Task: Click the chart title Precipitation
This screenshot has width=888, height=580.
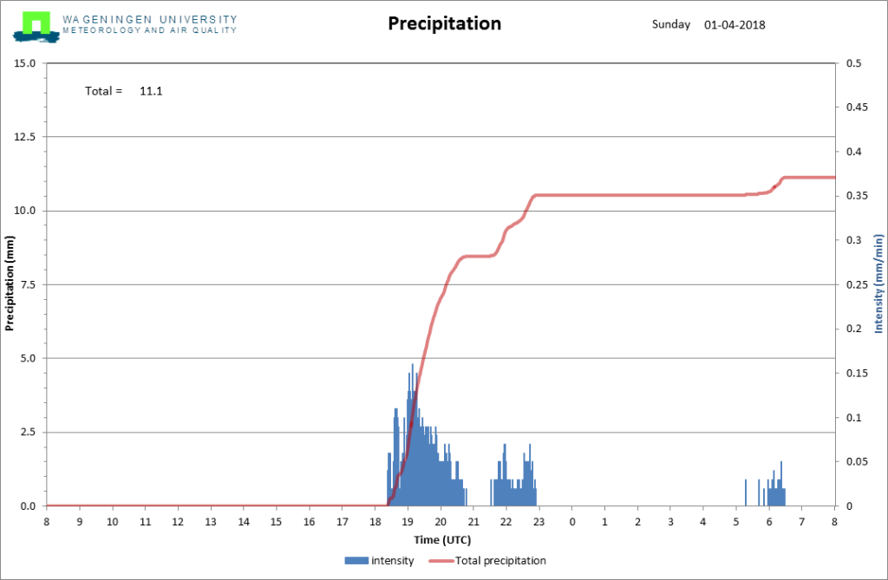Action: (445, 23)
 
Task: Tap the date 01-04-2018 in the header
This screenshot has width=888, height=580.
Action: (735, 25)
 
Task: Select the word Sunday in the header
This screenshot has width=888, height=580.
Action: (671, 24)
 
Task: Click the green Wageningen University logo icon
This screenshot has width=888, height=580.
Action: (36, 27)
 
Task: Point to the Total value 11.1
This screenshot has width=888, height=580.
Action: (151, 91)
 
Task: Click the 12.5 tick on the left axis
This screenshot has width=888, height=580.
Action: (24, 137)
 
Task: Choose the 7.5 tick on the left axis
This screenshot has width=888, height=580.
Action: (28, 285)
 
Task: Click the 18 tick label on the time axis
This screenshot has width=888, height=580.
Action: (375, 522)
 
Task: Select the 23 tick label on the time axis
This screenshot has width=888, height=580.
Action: (539, 522)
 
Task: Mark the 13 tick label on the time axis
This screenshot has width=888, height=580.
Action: (211, 522)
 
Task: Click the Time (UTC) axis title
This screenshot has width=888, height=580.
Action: (442, 540)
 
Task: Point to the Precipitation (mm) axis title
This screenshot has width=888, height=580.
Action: (9, 283)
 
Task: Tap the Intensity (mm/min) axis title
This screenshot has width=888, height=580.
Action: (878, 283)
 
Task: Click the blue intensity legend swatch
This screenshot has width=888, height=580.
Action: (356, 561)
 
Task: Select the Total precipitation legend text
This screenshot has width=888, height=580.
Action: (500, 561)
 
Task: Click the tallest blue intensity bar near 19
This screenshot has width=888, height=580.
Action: (412, 435)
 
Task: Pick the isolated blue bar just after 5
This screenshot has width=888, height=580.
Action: (745, 492)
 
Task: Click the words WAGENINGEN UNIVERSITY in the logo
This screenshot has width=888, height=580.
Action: (149, 20)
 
